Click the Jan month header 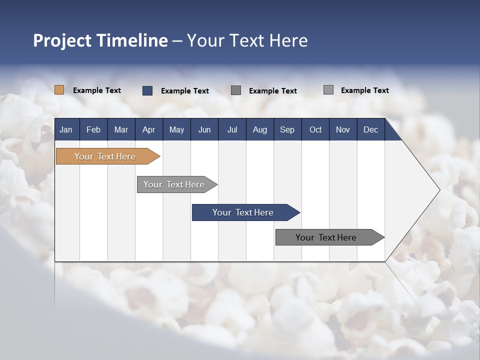[66, 129]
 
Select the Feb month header [93, 129]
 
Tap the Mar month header [121, 129]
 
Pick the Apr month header [148, 129]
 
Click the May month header [176, 129]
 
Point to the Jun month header [204, 129]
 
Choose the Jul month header [232, 129]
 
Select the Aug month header [260, 129]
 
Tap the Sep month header [287, 129]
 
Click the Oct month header [315, 129]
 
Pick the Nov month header [343, 129]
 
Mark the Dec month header [371, 129]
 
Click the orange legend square [59, 90]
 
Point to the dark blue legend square [147, 90]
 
